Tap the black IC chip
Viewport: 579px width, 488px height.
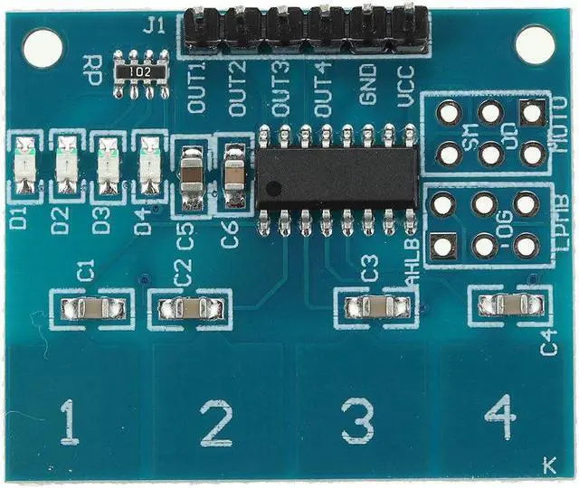point(337,176)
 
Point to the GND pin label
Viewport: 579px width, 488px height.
point(366,90)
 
